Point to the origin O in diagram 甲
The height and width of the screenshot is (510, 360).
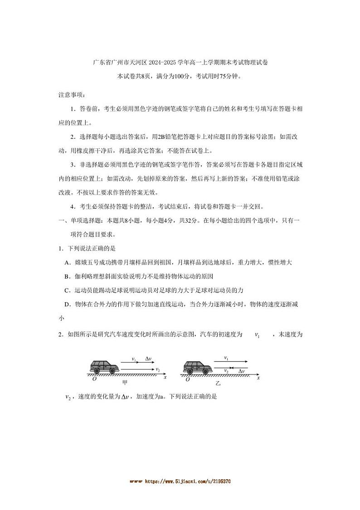pyautogui.click(x=94, y=379)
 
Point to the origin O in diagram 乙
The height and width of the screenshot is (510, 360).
pyautogui.click(x=187, y=379)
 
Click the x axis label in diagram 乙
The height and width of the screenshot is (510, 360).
pyautogui.click(x=258, y=378)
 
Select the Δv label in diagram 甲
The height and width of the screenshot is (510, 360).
pyautogui.click(x=148, y=358)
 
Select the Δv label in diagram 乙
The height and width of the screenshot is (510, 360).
pyautogui.click(x=242, y=371)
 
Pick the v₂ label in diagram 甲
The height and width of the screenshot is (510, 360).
pyautogui.click(x=157, y=370)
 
